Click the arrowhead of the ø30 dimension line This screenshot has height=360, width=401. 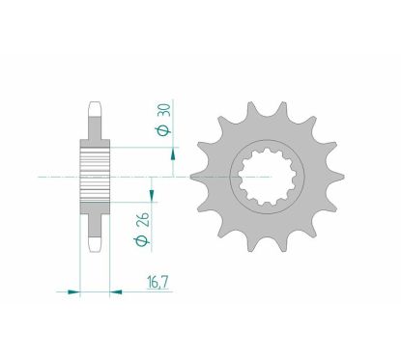pos(172,150)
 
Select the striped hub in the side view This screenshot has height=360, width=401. pos(96,178)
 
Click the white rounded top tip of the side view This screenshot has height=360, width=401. pos(96,102)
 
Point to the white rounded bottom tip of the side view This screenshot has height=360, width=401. pos(96,251)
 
